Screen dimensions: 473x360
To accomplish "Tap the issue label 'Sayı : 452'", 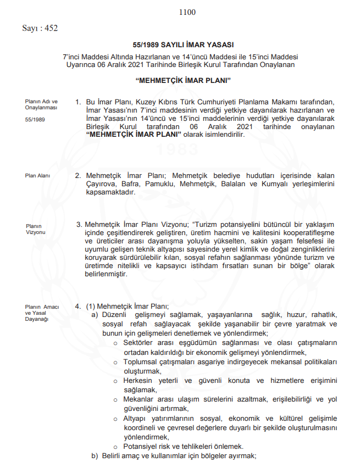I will [40, 28].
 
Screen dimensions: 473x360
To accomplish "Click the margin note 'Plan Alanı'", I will [37, 176].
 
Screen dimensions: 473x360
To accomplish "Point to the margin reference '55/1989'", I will [35, 119].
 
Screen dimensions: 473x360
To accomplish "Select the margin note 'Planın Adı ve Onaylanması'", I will [41, 105].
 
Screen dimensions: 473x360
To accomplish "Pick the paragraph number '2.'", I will [78, 176].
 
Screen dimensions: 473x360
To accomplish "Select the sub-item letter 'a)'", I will [95, 315].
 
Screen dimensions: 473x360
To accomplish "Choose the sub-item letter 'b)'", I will [95, 455].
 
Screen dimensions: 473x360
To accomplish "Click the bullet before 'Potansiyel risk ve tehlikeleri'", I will [115, 447].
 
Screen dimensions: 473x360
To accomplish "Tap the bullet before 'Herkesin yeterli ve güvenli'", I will [115, 381].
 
